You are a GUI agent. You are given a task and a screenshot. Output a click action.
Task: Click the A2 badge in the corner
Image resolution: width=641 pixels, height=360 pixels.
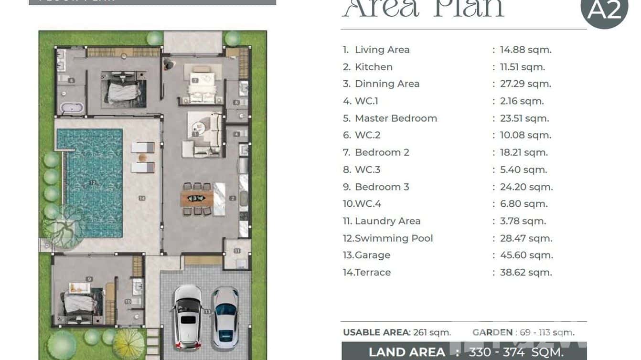pyautogui.click(x=604, y=11)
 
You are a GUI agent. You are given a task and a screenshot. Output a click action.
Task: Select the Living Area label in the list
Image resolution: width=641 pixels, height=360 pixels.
pyautogui.click(x=382, y=50)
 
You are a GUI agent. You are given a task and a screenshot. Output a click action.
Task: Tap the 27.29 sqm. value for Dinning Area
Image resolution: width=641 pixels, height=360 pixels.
pyautogui.click(x=525, y=84)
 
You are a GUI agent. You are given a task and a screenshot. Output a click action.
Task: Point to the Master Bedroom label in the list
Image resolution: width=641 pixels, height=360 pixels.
pyautogui.click(x=395, y=118)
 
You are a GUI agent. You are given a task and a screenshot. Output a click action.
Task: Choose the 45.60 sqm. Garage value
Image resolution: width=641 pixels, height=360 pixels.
pyautogui.click(x=526, y=255)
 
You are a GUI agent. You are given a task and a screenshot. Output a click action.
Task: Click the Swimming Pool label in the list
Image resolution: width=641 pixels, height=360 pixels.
pyautogui.click(x=394, y=238)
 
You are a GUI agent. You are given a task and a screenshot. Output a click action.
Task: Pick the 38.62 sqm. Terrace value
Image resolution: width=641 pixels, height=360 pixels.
pyautogui.click(x=525, y=273)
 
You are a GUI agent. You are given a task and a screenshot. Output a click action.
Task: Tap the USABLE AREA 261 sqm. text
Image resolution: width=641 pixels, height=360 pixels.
pyautogui.click(x=396, y=332)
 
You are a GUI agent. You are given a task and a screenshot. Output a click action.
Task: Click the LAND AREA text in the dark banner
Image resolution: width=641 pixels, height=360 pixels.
pyautogui.click(x=406, y=352)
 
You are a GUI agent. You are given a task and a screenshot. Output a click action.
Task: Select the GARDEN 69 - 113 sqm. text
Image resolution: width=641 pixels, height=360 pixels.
pyautogui.click(x=523, y=332)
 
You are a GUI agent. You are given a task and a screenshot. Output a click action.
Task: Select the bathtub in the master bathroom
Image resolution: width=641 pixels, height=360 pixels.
pyautogui.click(x=71, y=107)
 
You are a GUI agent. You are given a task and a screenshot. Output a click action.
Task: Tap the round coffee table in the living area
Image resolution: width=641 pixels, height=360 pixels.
pyautogui.click(x=198, y=127)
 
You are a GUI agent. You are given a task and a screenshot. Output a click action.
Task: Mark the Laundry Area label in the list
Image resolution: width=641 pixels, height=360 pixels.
pyautogui.click(x=387, y=221)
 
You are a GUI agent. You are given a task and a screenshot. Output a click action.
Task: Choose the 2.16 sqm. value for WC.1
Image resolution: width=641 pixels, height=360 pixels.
pyautogui.click(x=522, y=101)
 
